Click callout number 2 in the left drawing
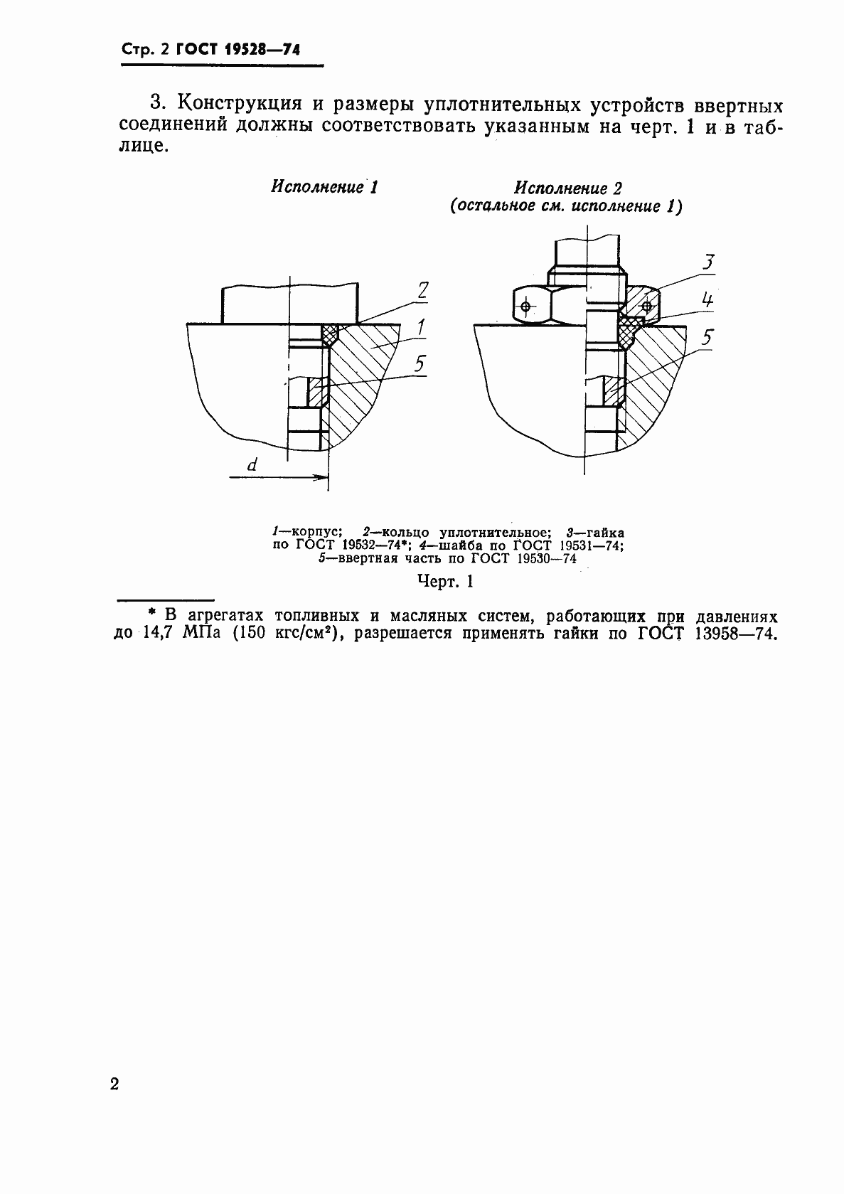(423, 290)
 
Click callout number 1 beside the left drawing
(421, 327)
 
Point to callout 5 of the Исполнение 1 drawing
(420, 365)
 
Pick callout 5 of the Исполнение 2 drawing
(706, 337)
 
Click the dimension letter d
(252, 466)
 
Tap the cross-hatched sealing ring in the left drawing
(329, 334)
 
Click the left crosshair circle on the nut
(525, 307)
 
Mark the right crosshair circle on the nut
(646, 307)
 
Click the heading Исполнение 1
(324, 188)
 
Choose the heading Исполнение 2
(568, 189)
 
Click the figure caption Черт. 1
(445, 582)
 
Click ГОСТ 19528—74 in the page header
(238, 50)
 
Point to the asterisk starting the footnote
(150, 613)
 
